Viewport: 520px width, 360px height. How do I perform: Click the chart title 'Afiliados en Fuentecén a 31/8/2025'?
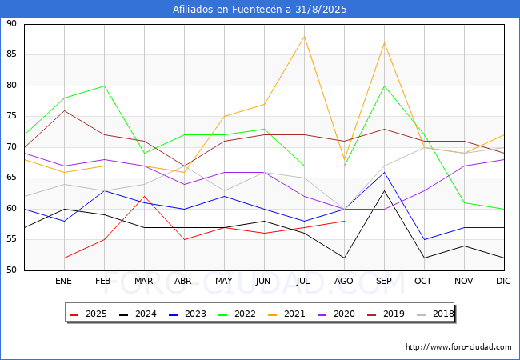pyautogui.click(x=260, y=10)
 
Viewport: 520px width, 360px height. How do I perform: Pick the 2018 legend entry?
pyautogui.click(x=432, y=314)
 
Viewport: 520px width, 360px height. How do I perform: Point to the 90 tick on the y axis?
pyautogui.click(x=12, y=24)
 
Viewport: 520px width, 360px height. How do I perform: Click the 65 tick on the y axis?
pyautogui.click(x=12, y=178)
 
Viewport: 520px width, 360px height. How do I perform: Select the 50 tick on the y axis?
pyautogui.click(x=12, y=270)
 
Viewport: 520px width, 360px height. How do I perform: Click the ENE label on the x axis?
pyautogui.click(x=64, y=282)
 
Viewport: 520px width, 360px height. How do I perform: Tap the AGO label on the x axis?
pyautogui.click(x=344, y=282)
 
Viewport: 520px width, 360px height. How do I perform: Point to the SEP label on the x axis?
pyautogui.click(x=384, y=282)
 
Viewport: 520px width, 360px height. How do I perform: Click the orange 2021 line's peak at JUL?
pyautogui.click(x=304, y=37)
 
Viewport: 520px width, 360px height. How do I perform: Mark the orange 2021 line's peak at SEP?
pyautogui.click(x=385, y=42)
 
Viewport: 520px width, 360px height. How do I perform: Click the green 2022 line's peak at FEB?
pyautogui.click(x=104, y=86)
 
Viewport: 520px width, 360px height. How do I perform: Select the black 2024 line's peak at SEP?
pyautogui.click(x=385, y=190)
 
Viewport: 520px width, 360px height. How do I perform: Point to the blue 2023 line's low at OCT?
pyautogui.click(x=424, y=239)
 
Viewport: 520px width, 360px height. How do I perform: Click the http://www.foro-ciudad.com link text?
pyautogui.click(x=458, y=347)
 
